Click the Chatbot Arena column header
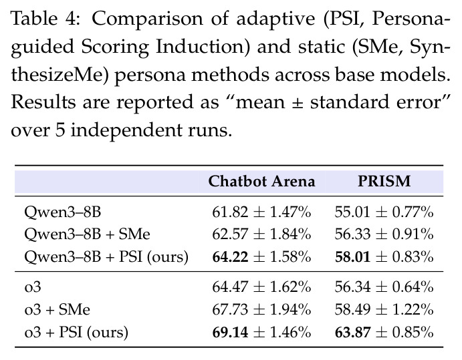click(x=261, y=181)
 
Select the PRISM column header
click(x=384, y=181)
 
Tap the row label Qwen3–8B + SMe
click(x=87, y=234)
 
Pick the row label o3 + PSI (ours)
click(x=76, y=333)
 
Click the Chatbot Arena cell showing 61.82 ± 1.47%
click(x=261, y=212)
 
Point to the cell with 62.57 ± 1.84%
click(x=261, y=234)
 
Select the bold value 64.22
click(x=230, y=256)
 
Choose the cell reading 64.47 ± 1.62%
click(x=261, y=287)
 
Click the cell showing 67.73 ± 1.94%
click(x=261, y=310)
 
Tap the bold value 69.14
click(x=230, y=333)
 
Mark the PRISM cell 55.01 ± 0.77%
click(x=384, y=212)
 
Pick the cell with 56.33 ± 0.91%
click(x=384, y=234)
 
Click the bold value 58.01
click(x=353, y=256)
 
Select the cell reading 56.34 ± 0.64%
click(x=384, y=287)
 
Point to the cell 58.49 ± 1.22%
click(x=384, y=310)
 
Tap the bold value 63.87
click(x=353, y=333)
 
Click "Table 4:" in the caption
click(x=46, y=19)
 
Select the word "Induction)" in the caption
click(x=203, y=47)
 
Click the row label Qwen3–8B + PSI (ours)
click(x=106, y=257)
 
